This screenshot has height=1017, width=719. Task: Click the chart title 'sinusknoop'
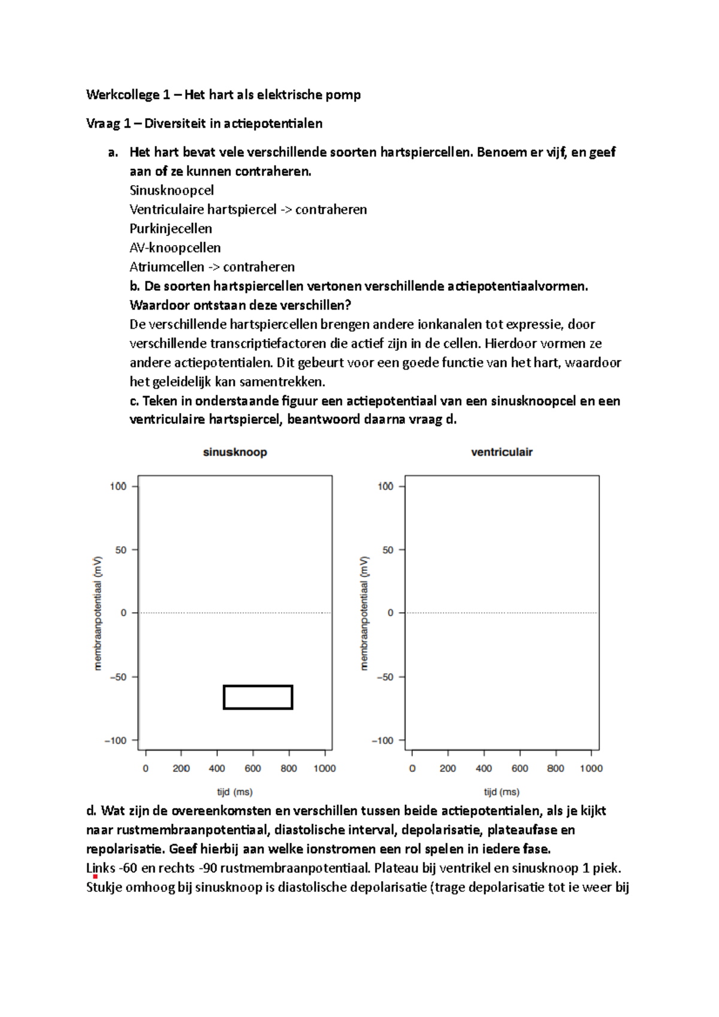coord(235,452)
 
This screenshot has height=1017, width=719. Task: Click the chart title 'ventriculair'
coord(502,452)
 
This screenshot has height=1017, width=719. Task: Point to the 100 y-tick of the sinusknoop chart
coord(118,486)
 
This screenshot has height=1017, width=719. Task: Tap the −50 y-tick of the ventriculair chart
coord(385,677)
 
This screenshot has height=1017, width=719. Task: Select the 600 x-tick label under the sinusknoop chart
coord(253,768)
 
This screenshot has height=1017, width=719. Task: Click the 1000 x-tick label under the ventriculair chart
coord(591,768)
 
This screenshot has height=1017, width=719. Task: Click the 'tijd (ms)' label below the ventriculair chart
coord(502,792)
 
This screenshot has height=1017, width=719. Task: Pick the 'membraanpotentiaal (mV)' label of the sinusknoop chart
coord(98,613)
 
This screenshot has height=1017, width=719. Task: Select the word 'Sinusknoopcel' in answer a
coord(171,190)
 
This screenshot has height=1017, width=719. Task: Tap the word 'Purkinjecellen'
coord(171,229)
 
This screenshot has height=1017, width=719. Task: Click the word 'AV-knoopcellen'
coord(175,248)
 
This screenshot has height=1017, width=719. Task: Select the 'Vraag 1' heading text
coord(108,123)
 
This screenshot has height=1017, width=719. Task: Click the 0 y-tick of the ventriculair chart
coord(391,613)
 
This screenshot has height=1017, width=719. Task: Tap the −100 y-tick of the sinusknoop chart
coord(116,741)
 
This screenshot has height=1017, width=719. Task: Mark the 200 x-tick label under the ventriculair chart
coord(448,768)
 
